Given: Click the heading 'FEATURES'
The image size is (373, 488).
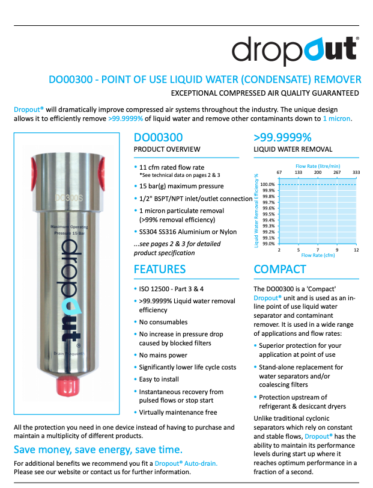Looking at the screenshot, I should coord(160,269).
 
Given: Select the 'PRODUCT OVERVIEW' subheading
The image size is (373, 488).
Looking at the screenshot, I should coord(167,149).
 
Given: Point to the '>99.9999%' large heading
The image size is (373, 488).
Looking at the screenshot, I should coord(283,137).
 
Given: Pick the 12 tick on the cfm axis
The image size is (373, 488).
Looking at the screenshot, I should coord(356,250).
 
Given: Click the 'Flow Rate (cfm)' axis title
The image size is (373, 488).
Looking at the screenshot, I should coord(318,256).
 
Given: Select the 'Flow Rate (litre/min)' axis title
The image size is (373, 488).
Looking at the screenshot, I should coord(318,165).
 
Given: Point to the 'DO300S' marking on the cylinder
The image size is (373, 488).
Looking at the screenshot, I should coord(67,196).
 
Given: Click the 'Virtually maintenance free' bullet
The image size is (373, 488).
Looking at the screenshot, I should coord(178,412).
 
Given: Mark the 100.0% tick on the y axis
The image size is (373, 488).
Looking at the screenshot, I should coord(267,185).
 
